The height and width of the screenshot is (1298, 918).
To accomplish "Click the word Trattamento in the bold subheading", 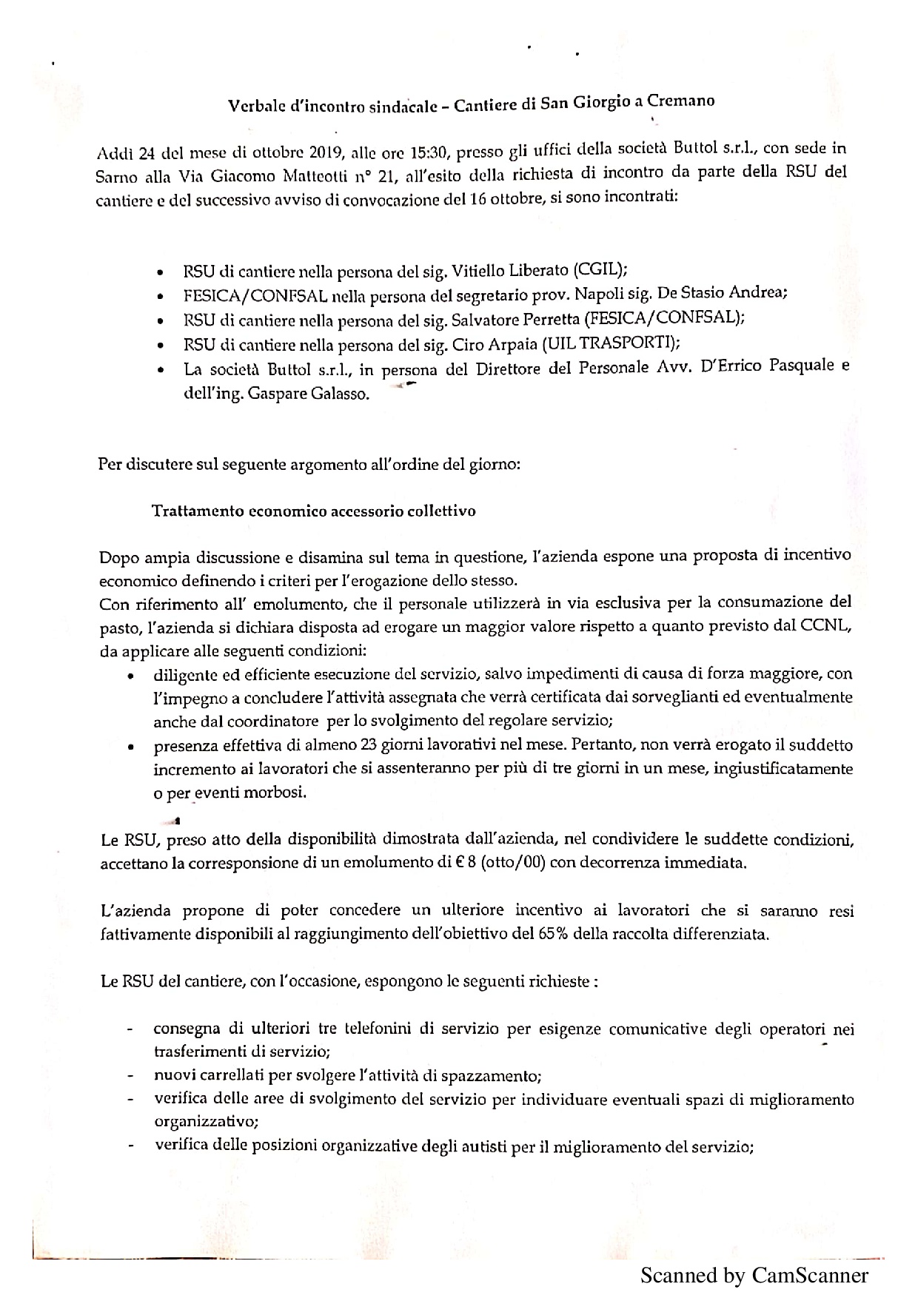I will (x=195, y=511).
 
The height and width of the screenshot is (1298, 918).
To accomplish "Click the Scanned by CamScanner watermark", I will (x=754, y=1275).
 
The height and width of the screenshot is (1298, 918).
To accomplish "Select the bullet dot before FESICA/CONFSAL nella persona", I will (x=160, y=297).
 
